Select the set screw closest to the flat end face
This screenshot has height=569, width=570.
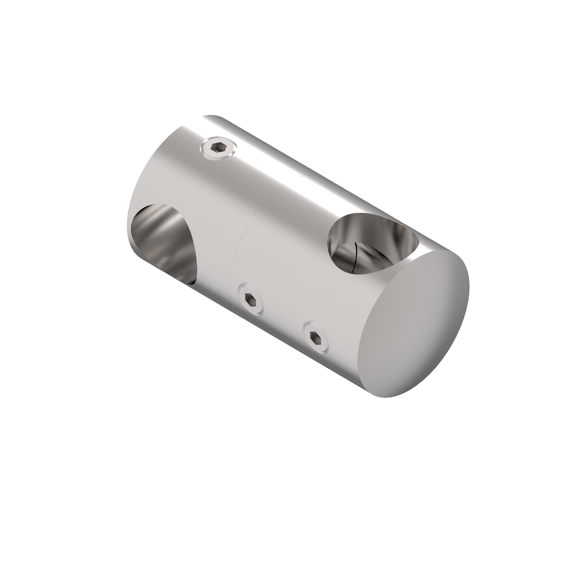[x=315, y=337]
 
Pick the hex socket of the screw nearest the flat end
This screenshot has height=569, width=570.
[x=315, y=337]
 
